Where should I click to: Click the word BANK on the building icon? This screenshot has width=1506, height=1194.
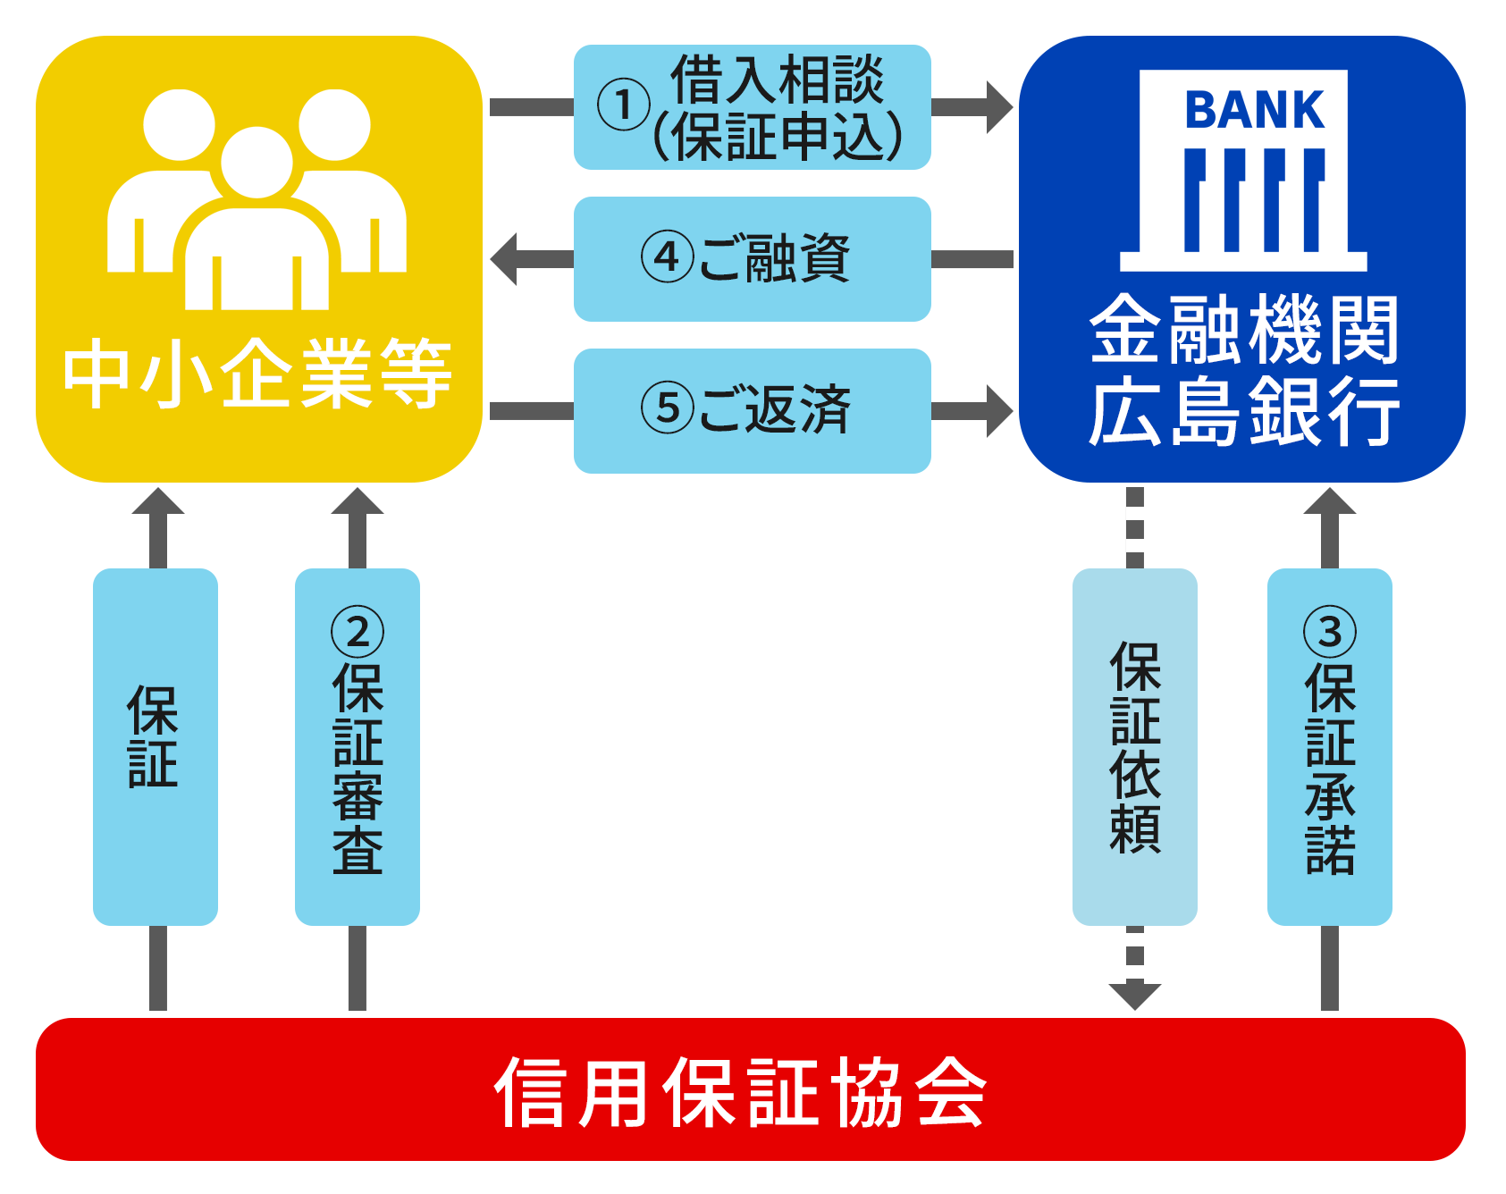(x=1253, y=111)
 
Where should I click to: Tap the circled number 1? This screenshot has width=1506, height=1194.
(x=623, y=105)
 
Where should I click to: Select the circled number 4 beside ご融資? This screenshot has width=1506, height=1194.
(x=667, y=257)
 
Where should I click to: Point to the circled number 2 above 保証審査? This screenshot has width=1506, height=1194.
(x=358, y=631)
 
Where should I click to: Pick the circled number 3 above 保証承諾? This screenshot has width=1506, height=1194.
(x=1330, y=631)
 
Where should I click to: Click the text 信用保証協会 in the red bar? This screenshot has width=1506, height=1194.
(x=740, y=1091)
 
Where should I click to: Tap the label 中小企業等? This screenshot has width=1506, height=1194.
(x=257, y=374)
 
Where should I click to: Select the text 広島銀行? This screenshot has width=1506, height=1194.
(x=1243, y=411)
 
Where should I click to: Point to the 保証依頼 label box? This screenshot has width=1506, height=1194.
(x=1135, y=746)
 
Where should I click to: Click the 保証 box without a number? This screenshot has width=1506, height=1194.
(x=156, y=746)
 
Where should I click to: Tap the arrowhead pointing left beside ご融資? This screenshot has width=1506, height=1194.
(x=506, y=259)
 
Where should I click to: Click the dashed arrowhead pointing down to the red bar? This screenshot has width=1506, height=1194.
(x=1135, y=994)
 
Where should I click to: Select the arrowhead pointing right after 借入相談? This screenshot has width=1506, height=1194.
(x=998, y=107)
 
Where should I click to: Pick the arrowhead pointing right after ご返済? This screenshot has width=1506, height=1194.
(x=998, y=411)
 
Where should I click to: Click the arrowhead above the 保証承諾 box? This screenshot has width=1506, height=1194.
(x=1330, y=502)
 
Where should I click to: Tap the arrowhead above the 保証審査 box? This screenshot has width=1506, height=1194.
(x=358, y=502)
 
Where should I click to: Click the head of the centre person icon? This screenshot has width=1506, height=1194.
(x=257, y=163)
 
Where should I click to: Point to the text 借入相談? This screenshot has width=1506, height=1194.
(x=777, y=79)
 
